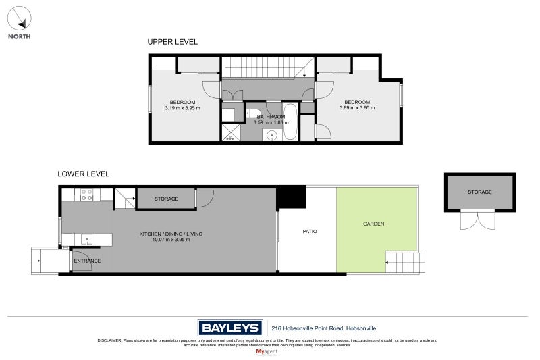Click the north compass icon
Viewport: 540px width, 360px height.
point(19,16)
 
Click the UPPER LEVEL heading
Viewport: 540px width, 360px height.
point(173,42)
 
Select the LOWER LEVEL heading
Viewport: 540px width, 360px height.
point(83,174)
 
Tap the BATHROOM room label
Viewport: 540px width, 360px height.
point(270,116)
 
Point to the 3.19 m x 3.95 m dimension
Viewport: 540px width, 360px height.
point(182,108)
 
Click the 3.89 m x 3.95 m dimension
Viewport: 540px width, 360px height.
point(356,108)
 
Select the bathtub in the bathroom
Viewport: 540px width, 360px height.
point(290,122)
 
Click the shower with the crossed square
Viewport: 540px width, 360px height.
point(230,132)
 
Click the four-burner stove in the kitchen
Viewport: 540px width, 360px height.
point(87,195)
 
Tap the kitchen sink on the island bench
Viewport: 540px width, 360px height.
point(86,238)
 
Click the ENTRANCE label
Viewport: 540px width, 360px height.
point(87,261)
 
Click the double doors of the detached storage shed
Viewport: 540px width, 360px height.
point(476,220)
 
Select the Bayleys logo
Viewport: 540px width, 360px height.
point(230,328)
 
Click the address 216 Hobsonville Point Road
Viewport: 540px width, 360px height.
point(323,328)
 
